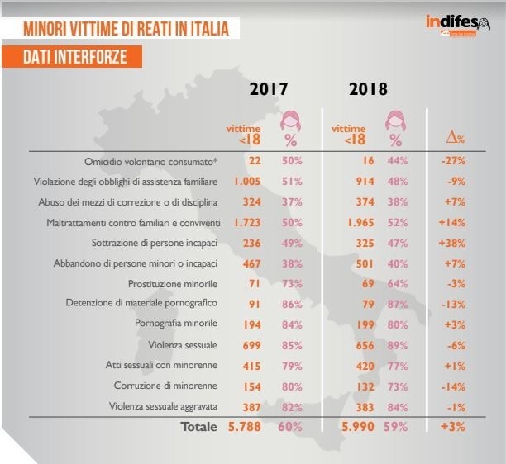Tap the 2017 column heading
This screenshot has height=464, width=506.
pyautogui.click(x=269, y=89)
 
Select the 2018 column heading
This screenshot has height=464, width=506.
pyautogui.click(x=368, y=89)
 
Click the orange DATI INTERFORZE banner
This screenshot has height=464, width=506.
pyautogui.click(x=72, y=57)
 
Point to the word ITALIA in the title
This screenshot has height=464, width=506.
pyautogui.click(x=209, y=28)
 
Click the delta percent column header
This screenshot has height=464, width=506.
pyautogui.click(x=456, y=138)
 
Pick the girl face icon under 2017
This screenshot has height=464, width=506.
pyautogui.click(x=290, y=121)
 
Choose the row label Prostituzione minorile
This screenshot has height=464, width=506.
pyautogui.click(x=173, y=284)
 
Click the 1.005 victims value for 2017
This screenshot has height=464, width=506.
pyautogui.click(x=247, y=182)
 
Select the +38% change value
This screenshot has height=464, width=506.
pyautogui.click(x=452, y=243)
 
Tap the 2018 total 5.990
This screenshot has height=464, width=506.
pyautogui.click(x=358, y=427)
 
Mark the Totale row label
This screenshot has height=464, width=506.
pyautogui.click(x=199, y=427)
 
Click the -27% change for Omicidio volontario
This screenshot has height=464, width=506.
pyautogui.click(x=453, y=160)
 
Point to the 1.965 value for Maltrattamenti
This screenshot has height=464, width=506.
pyautogui.click(x=360, y=223)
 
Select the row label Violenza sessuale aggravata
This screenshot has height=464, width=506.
pyautogui.click(x=163, y=406)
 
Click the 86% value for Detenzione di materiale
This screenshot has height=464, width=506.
pyautogui.click(x=292, y=304)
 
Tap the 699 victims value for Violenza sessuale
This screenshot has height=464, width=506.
pyautogui.click(x=251, y=345)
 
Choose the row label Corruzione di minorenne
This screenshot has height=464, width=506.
pyautogui.click(x=165, y=386)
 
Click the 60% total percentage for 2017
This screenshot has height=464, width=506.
pyautogui.click(x=290, y=427)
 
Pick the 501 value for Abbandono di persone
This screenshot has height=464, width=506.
pyautogui.click(x=365, y=264)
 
